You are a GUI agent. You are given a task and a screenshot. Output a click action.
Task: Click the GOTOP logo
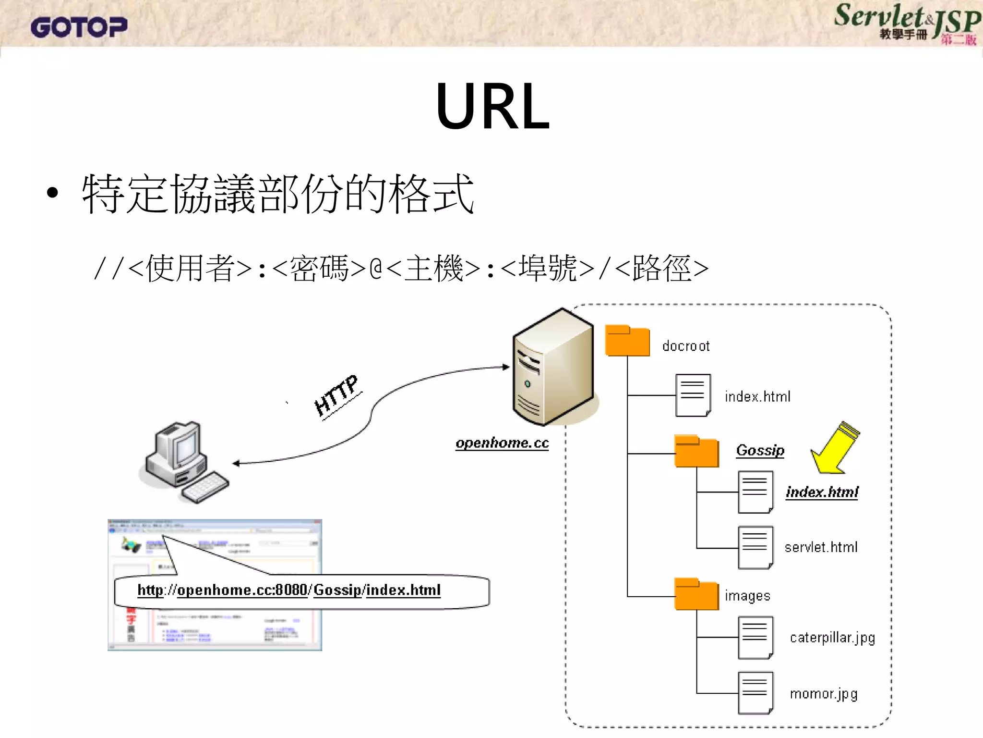click(x=79, y=27)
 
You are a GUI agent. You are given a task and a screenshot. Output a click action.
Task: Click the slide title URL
click(x=492, y=106)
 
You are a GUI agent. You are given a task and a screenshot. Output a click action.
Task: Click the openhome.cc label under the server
click(x=502, y=443)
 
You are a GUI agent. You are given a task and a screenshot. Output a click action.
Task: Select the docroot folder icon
click(x=627, y=341)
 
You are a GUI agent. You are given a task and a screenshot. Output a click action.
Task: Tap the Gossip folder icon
click(x=696, y=451)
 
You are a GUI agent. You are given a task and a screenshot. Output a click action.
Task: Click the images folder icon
click(x=696, y=594)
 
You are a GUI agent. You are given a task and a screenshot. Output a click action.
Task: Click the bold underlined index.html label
click(x=822, y=492)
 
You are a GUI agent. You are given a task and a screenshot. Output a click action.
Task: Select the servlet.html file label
click(x=821, y=547)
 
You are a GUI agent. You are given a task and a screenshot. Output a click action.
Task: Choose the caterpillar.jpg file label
click(x=832, y=638)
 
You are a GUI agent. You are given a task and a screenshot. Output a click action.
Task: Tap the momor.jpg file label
click(x=824, y=694)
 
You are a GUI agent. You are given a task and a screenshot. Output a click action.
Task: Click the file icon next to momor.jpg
click(x=755, y=693)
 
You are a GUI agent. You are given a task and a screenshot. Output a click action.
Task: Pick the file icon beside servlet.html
click(x=755, y=547)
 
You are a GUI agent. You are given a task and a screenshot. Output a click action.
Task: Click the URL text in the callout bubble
click(x=289, y=590)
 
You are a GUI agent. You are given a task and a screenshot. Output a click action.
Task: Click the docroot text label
click(x=685, y=346)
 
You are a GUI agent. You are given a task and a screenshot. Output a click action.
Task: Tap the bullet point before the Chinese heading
click(x=52, y=193)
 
